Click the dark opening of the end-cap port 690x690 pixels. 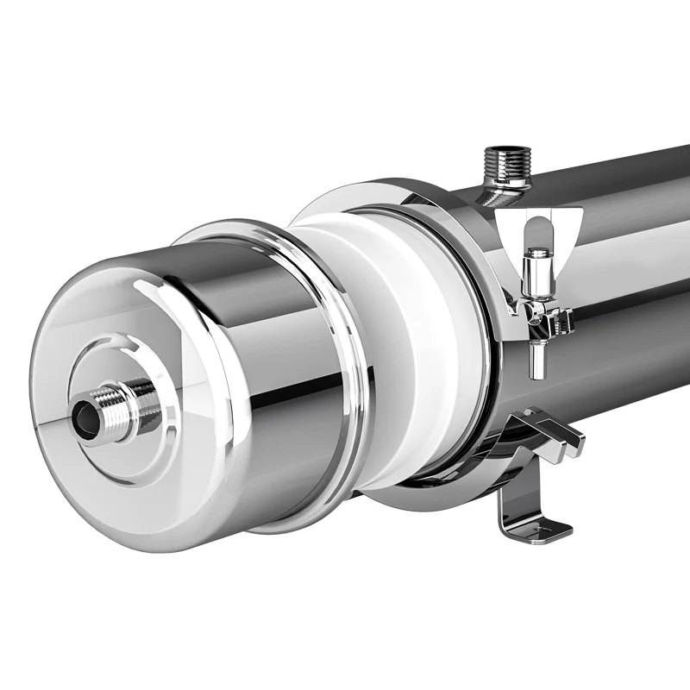click(x=82, y=415)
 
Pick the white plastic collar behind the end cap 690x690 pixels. click(x=414, y=345)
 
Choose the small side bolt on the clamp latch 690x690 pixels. click(x=565, y=322)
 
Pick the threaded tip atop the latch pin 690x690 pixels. click(x=538, y=253)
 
